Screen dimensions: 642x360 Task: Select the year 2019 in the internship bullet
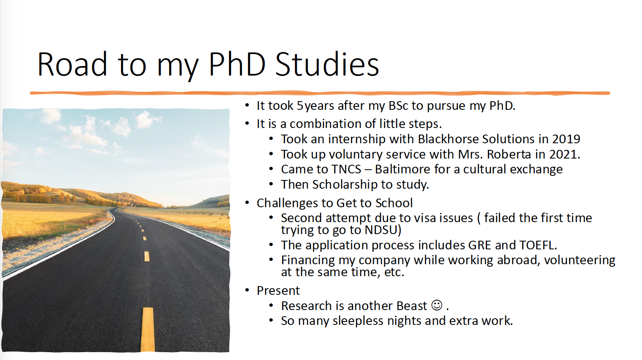(x=566, y=139)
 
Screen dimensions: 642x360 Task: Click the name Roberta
(x=509, y=154)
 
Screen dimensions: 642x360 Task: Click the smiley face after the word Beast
(x=437, y=306)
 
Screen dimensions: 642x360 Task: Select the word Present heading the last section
(x=278, y=291)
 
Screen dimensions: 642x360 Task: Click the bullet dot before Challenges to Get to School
(x=247, y=203)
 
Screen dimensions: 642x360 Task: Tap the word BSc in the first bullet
(x=398, y=106)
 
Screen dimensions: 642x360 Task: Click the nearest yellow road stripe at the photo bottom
(x=147, y=329)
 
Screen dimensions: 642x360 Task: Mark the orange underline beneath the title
(x=320, y=93)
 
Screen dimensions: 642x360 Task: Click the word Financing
(x=308, y=261)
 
